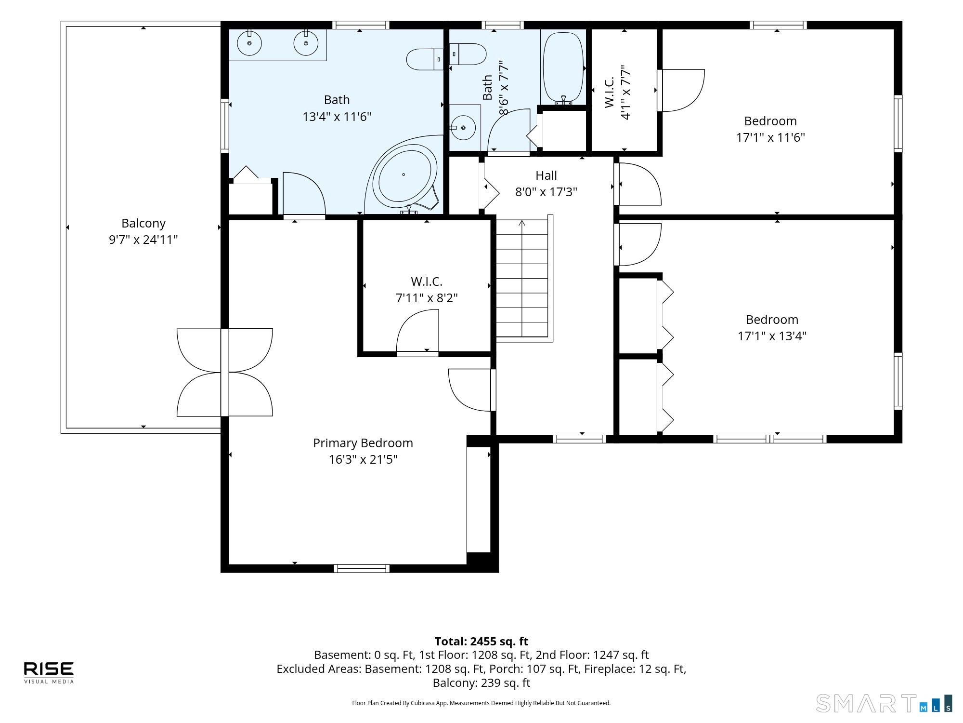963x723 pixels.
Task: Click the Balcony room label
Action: tap(143, 223)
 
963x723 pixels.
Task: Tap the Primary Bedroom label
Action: tap(363, 443)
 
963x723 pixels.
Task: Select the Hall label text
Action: tap(546, 175)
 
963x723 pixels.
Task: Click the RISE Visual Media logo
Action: tap(49, 672)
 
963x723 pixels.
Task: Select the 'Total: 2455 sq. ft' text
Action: tap(481, 642)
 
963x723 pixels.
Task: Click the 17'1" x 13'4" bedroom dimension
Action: tap(772, 336)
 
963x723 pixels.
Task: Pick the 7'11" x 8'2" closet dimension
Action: tap(427, 298)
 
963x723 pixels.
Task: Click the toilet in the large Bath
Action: tap(425, 59)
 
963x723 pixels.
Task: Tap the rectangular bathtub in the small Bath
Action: tap(563, 67)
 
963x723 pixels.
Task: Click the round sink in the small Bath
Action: tap(464, 128)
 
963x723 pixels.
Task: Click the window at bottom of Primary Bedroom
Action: tap(362, 568)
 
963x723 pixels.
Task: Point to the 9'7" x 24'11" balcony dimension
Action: tap(143, 240)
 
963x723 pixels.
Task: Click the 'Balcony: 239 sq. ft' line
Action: tap(481, 683)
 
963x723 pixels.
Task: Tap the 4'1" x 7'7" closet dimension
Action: tap(625, 92)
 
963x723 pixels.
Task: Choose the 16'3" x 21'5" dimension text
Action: tap(363, 459)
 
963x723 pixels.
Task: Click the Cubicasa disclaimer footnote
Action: tap(481, 703)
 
